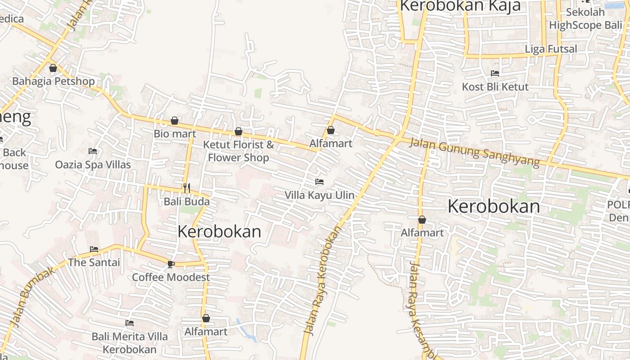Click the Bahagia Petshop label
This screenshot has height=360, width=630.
click(x=54, y=81)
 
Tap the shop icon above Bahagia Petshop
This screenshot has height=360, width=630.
click(x=53, y=68)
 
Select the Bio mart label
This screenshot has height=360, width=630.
click(x=175, y=134)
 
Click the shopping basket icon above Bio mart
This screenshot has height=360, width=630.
click(x=175, y=121)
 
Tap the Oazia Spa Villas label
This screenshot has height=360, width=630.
click(x=93, y=165)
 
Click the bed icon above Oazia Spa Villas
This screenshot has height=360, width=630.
click(x=93, y=151)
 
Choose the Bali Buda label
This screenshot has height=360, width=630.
click(x=187, y=201)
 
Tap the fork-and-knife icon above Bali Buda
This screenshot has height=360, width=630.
click(x=187, y=188)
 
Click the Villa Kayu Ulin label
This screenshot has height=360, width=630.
click(x=319, y=195)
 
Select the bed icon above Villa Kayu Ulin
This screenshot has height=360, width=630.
click(x=319, y=182)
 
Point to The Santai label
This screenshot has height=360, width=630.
click(x=94, y=262)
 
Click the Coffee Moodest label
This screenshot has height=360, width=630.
click(x=171, y=277)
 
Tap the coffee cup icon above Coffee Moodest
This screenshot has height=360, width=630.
click(x=171, y=264)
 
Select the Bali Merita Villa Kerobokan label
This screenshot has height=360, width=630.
click(x=130, y=343)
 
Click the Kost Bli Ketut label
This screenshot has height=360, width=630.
click(x=495, y=86)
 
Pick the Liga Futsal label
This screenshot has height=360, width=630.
click(x=551, y=49)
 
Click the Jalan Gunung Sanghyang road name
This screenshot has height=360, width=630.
click(x=475, y=153)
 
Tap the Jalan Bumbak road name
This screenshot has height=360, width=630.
click(x=33, y=296)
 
